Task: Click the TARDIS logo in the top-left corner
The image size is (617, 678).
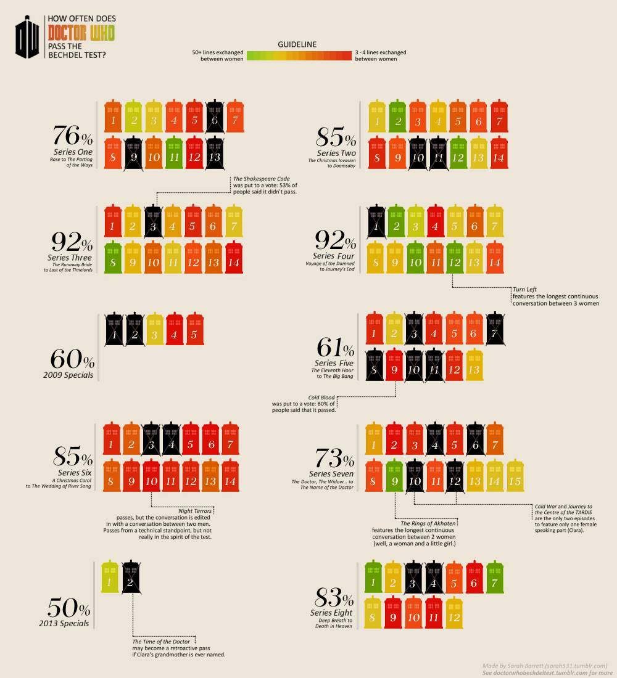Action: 29,38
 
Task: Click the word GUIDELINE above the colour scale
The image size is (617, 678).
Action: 297,45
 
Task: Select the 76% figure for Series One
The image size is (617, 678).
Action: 72,136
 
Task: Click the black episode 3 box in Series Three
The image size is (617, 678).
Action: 153,223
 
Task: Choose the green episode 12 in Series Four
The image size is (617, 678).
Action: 455,259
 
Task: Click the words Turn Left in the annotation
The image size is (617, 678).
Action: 523,288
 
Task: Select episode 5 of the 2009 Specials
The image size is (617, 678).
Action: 195,332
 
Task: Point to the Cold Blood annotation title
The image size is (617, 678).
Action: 321,398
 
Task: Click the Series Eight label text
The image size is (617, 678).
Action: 331,613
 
